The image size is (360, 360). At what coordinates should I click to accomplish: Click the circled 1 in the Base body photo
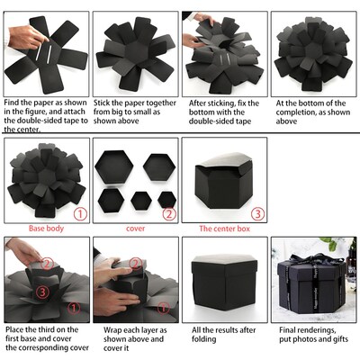pyautogui.click(x=79, y=214)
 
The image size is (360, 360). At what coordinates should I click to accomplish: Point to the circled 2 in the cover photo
pyautogui.click(x=167, y=214)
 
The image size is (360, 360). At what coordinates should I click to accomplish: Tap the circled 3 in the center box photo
pyautogui.click(x=257, y=214)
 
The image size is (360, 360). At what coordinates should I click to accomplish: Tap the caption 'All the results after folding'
pyautogui.click(x=224, y=336)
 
